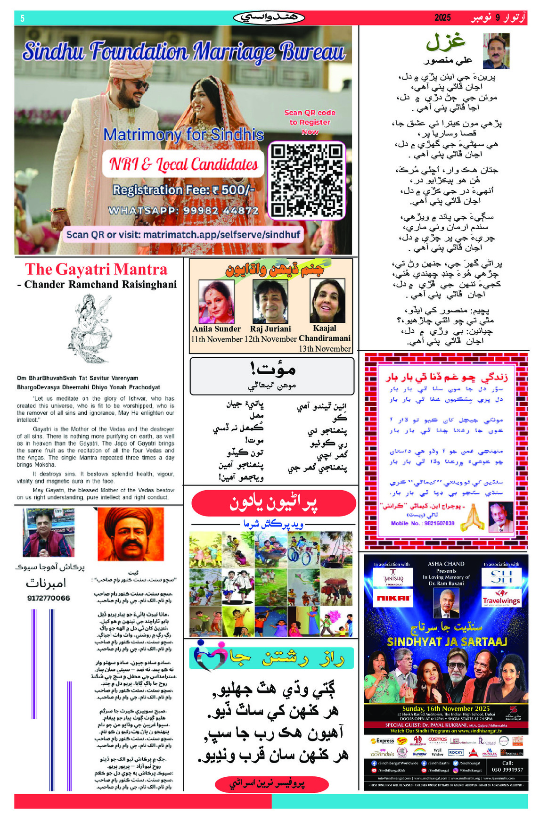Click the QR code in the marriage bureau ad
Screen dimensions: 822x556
pyautogui.click(x=307, y=181)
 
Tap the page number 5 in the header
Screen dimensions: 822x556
pyautogui.click(x=22, y=18)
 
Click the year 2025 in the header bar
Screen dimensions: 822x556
pyautogui.click(x=442, y=18)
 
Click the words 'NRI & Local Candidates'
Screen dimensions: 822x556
pyautogui.click(x=183, y=164)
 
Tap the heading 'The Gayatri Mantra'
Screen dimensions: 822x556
pyautogui.click(x=96, y=269)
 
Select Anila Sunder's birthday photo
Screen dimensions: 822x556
pyautogui.click(x=216, y=301)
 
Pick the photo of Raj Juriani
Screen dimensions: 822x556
pyautogui.click(x=270, y=301)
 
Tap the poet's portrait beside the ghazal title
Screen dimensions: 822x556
pyautogui.click(x=496, y=50)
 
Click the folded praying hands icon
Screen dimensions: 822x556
pyautogui.click(x=473, y=518)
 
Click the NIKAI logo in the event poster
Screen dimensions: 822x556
pyautogui.click(x=393, y=598)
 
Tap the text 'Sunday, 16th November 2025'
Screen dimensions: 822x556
pyautogui.click(x=446, y=708)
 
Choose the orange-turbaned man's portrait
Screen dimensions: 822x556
pyautogui.click(x=131, y=534)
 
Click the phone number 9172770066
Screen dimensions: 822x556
pyautogui.click(x=49, y=598)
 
